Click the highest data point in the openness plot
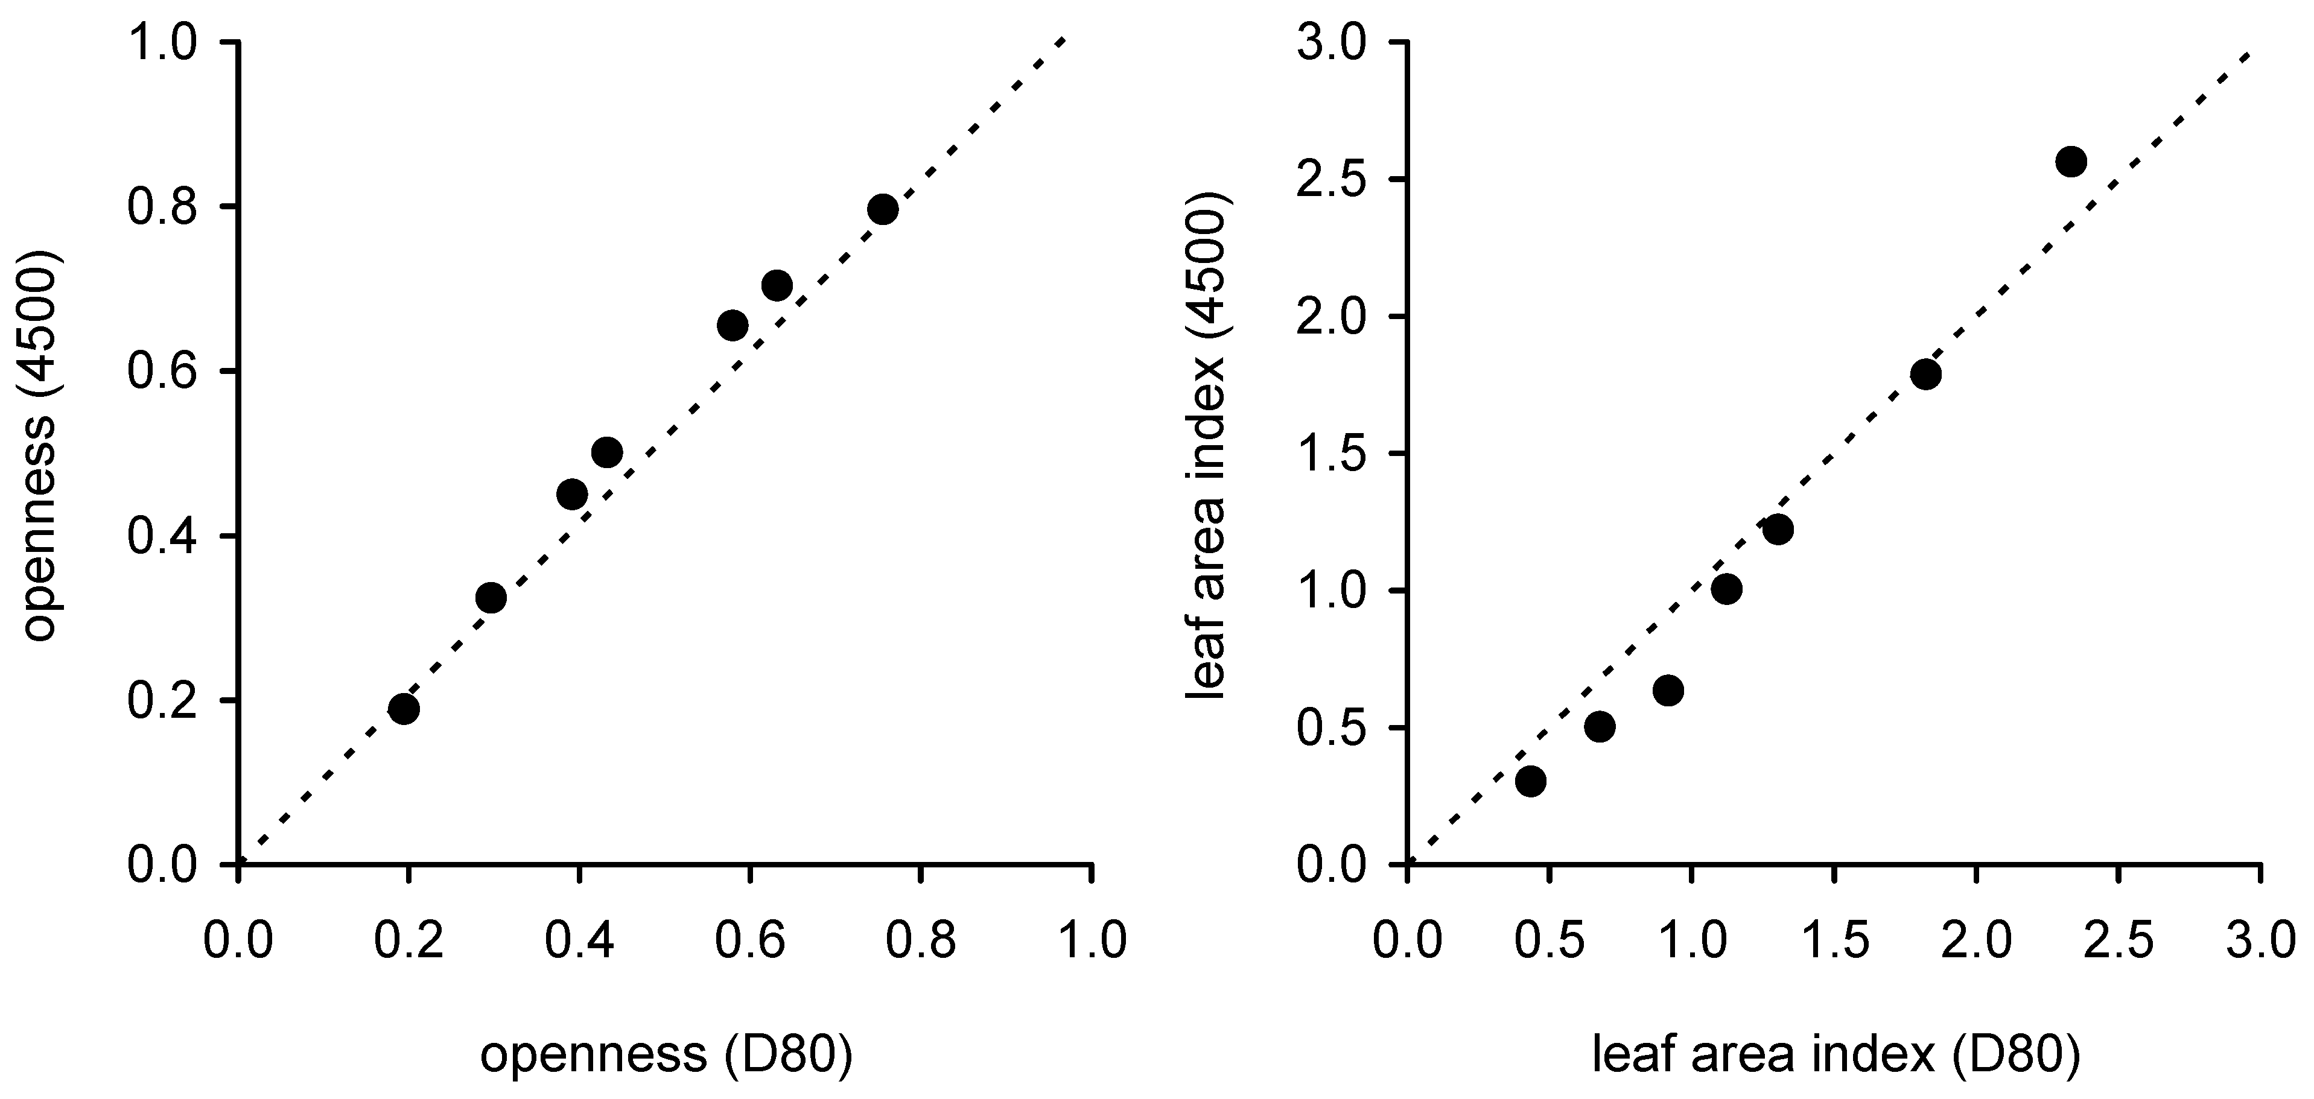[x=882, y=209]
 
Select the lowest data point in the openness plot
[x=404, y=708]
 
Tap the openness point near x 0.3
[x=491, y=597]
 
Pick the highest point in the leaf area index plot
[x=2071, y=162]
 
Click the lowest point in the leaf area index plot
[x=1531, y=781]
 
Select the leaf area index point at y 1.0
[x=1726, y=589]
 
